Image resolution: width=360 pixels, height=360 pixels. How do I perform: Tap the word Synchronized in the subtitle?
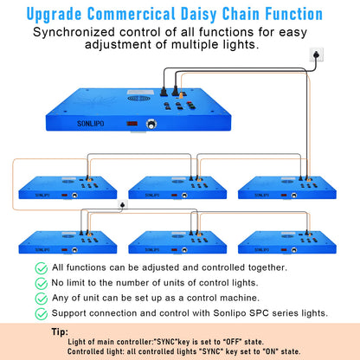click(74, 32)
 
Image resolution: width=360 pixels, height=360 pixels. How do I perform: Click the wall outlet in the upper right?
click(317, 55)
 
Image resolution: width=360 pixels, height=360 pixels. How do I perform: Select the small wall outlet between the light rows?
click(123, 204)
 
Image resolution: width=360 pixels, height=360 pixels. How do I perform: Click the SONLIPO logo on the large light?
click(90, 124)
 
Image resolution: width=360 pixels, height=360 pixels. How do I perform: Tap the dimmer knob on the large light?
click(151, 125)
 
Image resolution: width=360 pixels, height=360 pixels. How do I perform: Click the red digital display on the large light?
click(132, 124)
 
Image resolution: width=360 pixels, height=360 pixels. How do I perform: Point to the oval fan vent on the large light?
click(138, 99)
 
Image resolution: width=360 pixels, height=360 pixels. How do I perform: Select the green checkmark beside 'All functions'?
click(42, 268)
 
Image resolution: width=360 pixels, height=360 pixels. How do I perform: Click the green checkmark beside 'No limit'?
click(42, 283)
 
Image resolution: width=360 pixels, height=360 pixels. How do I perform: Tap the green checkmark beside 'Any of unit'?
click(42, 299)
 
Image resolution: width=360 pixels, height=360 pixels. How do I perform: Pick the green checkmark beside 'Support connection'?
click(42, 314)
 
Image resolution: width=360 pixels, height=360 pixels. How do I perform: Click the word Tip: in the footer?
click(60, 331)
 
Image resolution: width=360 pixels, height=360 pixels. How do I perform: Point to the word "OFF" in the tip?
click(232, 342)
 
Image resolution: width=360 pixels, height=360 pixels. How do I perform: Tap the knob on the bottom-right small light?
click(294, 250)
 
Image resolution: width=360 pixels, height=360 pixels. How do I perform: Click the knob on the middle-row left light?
click(74, 196)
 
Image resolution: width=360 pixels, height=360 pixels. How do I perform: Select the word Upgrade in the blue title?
click(54, 15)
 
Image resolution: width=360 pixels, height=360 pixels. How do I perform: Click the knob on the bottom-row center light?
click(184, 250)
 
